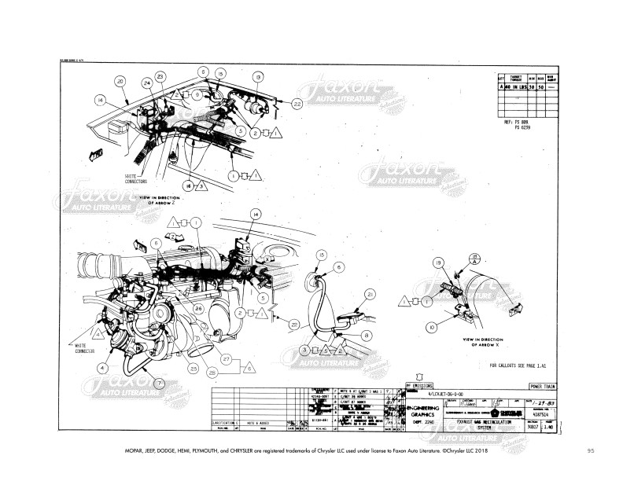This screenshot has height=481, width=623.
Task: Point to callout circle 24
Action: tap(146, 83)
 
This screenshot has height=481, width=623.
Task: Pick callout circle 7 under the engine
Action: tap(160, 383)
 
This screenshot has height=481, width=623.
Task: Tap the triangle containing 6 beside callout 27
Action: tap(249, 367)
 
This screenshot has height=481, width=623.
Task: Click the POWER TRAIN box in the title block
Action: tap(545, 387)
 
